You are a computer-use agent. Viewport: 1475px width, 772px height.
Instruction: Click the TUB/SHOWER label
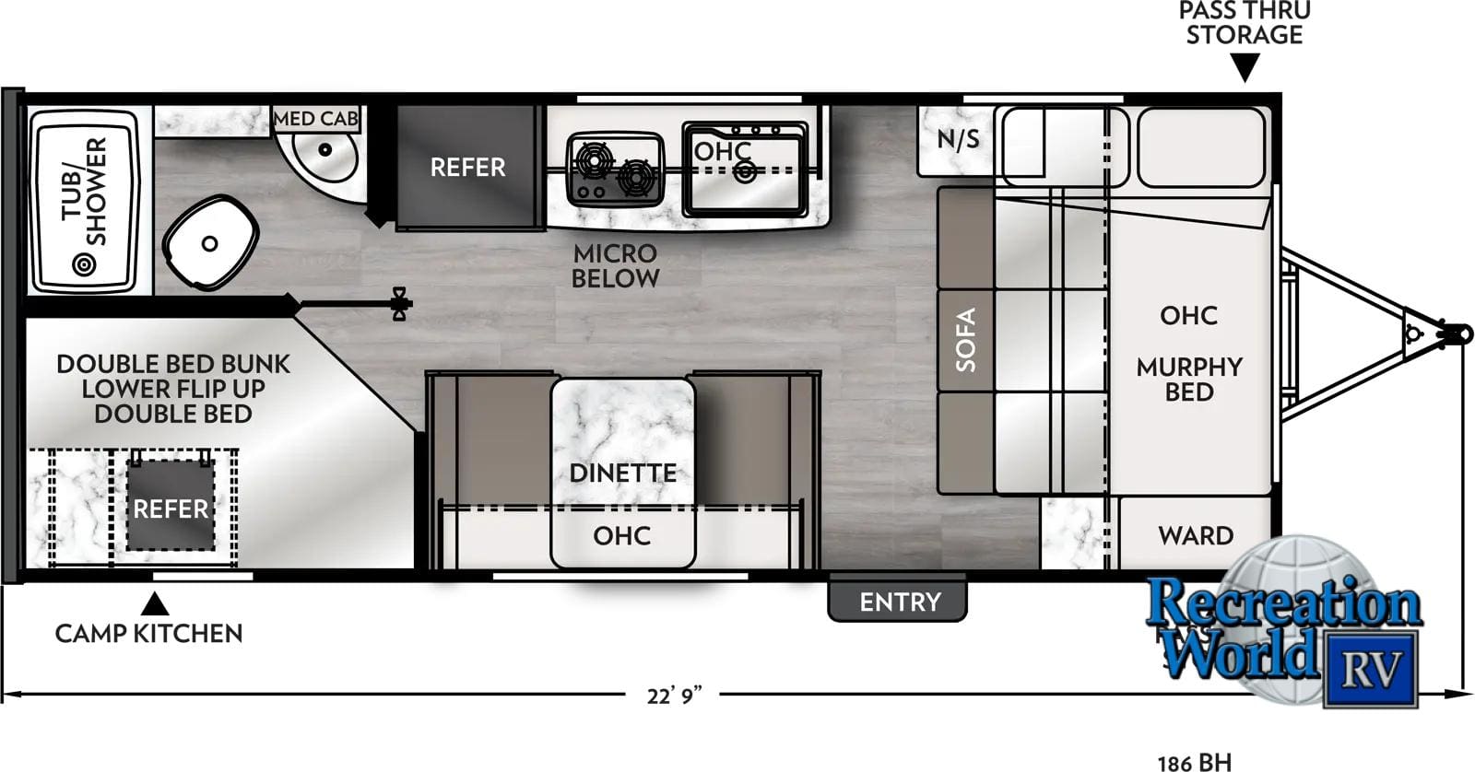click(x=84, y=191)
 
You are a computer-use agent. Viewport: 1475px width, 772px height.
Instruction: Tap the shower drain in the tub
click(x=84, y=265)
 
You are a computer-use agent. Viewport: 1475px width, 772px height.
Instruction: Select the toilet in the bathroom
click(x=209, y=243)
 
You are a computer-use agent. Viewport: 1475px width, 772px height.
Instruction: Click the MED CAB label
click(x=316, y=119)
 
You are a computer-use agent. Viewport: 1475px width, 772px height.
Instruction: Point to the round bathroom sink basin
click(x=324, y=150)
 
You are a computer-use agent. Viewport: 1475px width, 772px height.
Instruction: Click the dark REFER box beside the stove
click(x=467, y=167)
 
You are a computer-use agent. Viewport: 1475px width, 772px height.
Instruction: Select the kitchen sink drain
click(x=745, y=171)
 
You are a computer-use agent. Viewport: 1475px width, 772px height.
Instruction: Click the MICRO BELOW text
click(x=615, y=265)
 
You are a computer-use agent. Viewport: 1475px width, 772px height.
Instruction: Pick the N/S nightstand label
click(x=958, y=139)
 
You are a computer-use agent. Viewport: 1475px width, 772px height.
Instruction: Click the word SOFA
click(x=965, y=340)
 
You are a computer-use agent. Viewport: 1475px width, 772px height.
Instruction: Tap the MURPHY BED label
click(x=1189, y=379)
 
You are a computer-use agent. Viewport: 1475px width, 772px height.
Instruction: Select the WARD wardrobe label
click(x=1196, y=535)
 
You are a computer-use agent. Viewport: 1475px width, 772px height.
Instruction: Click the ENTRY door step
click(x=899, y=602)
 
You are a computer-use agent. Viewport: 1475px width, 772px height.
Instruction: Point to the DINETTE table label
click(x=622, y=473)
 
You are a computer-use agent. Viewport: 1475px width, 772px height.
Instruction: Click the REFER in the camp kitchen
click(x=171, y=509)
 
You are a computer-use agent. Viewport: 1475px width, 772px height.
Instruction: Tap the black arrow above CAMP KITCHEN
click(x=154, y=603)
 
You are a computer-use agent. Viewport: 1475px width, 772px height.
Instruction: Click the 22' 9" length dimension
click(x=674, y=695)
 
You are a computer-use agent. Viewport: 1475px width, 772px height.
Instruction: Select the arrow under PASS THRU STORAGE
click(x=1245, y=67)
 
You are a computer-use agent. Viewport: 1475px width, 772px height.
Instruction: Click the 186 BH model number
click(x=1194, y=762)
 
